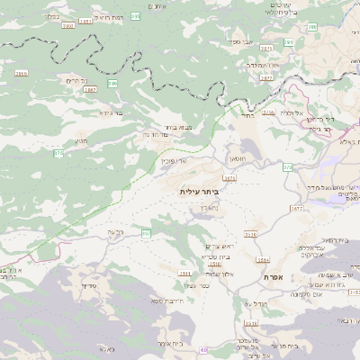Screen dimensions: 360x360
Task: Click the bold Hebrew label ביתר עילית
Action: (x=199, y=191)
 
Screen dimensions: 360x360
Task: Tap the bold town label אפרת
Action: (x=274, y=277)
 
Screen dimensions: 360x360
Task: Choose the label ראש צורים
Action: (x=220, y=247)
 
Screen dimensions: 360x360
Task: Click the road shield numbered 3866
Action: (x=21, y=73)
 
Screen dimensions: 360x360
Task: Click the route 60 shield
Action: (x=205, y=348)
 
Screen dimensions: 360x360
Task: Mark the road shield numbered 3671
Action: (x=230, y=178)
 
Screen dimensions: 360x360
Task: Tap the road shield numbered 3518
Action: (x=185, y=273)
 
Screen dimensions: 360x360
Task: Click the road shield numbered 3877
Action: (x=266, y=78)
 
